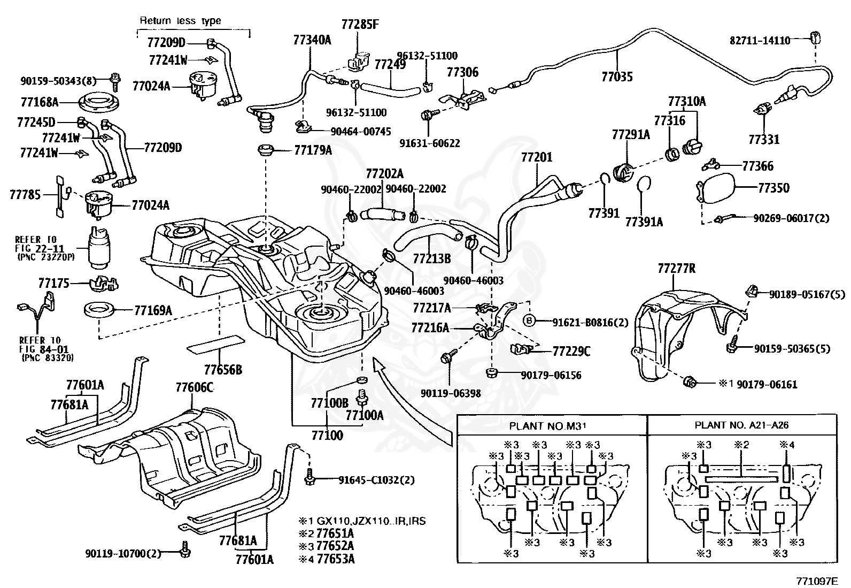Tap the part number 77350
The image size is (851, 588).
pyautogui.click(x=773, y=188)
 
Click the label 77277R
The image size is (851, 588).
pyautogui.click(x=676, y=269)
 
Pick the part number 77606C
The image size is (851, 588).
pyautogui.click(x=195, y=388)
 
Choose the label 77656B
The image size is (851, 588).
pyautogui.click(x=223, y=370)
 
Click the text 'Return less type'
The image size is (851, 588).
pyautogui.click(x=180, y=21)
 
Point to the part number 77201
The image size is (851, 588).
pyautogui.click(x=537, y=158)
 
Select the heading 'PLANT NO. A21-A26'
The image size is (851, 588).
pyautogui.click(x=741, y=426)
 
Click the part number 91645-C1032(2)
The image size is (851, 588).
pyautogui.click(x=376, y=480)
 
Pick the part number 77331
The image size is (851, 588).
pyautogui.click(x=764, y=140)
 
